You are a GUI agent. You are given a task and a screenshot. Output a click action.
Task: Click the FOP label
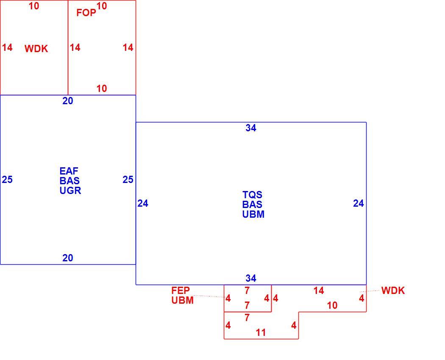(x=86, y=13)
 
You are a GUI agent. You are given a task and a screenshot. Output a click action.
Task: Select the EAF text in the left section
(x=69, y=171)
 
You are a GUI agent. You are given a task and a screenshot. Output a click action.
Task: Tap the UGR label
(x=70, y=190)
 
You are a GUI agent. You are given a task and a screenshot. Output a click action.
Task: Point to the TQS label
(x=252, y=195)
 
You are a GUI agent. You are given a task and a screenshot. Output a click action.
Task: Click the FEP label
(x=181, y=291)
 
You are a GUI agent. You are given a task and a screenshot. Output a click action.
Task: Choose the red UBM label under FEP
(x=183, y=300)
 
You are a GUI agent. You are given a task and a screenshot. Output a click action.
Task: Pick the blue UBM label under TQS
(x=253, y=214)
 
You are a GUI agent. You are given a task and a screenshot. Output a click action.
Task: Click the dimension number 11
(x=261, y=332)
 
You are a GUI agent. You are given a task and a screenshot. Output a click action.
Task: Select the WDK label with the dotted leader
(x=393, y=291)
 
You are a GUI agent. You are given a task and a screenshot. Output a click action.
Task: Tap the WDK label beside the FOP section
(x=36, y=49)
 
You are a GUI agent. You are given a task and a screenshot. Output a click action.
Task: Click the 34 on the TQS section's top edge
(x=251, y=128)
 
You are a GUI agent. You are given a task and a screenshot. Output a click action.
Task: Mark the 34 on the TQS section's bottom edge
(x=251, y=278)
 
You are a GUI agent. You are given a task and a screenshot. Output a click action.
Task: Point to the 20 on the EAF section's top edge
(x=68, y=101)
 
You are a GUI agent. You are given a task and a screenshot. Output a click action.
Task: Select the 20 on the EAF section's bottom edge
(x=68, y=258)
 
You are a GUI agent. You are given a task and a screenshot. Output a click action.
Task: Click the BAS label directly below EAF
(x=70, y=181)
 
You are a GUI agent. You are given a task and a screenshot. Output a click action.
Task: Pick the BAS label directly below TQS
(x=252, y=205)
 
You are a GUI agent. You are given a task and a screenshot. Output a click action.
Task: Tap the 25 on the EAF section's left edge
(x=7, y=180)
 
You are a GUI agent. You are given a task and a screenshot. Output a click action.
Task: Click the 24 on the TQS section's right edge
(x=359, y=203)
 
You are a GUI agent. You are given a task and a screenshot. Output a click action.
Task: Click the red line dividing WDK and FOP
(x=68, y=48)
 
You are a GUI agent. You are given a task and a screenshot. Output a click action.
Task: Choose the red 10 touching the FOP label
(x=102, y=6)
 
